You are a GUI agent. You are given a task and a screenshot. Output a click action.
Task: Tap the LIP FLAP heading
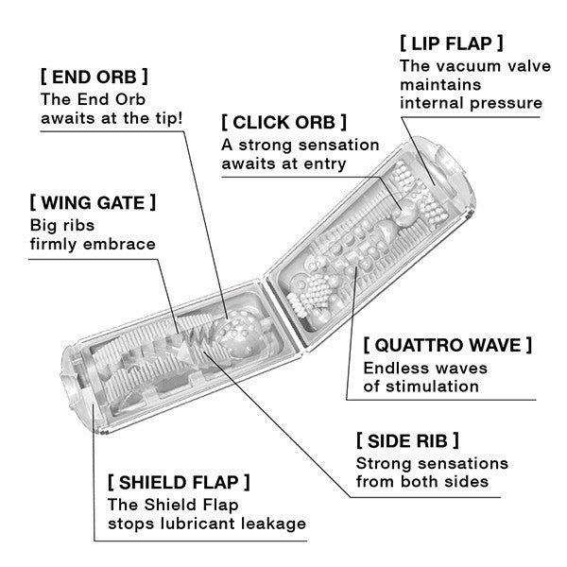[451, 43]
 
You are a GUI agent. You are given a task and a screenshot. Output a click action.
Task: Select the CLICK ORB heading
[283, 123]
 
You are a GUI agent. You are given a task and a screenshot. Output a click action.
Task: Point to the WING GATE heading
[93, 202]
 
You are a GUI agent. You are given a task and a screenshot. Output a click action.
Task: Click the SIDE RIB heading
[407, 441]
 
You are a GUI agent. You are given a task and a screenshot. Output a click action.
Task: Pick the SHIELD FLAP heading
[179, 482]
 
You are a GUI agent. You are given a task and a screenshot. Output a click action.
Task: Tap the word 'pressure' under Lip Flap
[507, 102]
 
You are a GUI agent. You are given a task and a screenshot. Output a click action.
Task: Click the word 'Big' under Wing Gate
[44, 225]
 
